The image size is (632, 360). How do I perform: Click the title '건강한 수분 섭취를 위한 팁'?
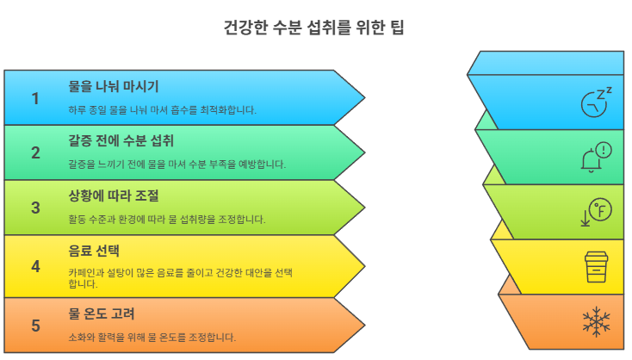[x=314, y=27]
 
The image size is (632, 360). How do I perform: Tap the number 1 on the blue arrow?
[x=35, y=98]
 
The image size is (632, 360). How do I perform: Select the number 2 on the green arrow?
[x=35, y=153]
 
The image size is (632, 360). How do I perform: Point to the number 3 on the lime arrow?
[x=35, y=208]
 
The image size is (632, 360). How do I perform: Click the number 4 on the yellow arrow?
[x=35, y=266]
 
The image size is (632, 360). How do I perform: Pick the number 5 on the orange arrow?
[x=35, y=325]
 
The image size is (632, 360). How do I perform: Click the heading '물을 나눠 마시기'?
[x=113, y=87]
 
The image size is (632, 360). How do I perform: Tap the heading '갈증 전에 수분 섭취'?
[x=121, y=140]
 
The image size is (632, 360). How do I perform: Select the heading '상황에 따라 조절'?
[x=113, y=196]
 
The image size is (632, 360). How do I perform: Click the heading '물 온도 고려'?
[x=102, y=313]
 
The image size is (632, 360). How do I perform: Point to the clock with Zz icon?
[x=595, y=102]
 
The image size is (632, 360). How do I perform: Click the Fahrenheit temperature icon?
[x=595, y=211]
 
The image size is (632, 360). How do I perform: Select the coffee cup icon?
[x=595, y=266]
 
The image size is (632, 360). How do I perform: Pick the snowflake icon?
[x=595, y=322]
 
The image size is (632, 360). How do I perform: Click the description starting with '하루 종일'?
[x=162, y=110]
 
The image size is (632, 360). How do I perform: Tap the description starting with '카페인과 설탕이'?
[x=181, y=277]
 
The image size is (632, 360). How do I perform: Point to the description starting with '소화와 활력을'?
[x=152, y=337]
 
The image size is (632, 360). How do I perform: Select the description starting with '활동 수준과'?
[x=166, y=220]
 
